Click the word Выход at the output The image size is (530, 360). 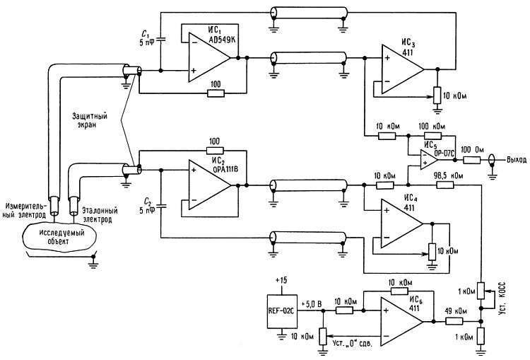point(517,160)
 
